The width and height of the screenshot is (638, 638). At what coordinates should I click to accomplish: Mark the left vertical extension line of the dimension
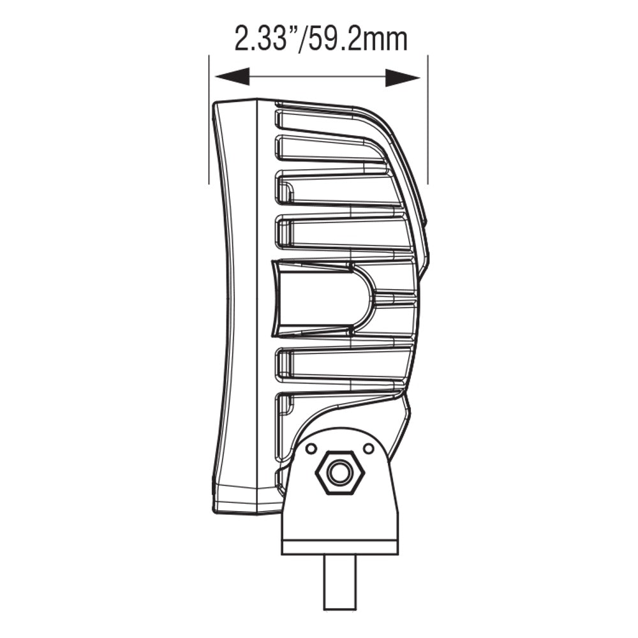click(x=209, y=121)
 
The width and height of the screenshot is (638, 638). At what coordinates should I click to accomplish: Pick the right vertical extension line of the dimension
click(x=427, y=121)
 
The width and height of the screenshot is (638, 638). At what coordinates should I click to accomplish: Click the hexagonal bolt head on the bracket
click(x=339, y=473)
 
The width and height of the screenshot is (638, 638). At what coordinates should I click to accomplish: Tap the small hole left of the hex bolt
click(x=311, y=449)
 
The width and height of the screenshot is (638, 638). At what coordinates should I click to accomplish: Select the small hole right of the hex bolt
click(x=368, y=449)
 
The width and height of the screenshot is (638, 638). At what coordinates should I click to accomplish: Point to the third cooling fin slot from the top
click(x=338, y=190)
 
